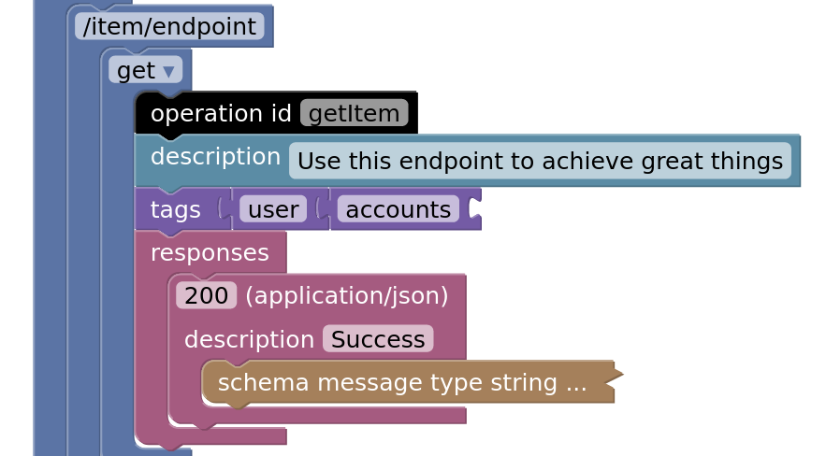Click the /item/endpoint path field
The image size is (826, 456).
(x=169, y=26)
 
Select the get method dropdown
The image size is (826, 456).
(x=145, y=70)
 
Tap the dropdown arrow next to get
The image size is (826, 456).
(x=168, y=72)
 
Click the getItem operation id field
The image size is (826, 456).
(x=354, y=113)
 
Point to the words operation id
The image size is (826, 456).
(x=221, y=113)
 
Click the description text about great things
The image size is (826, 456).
(x=540, y=161)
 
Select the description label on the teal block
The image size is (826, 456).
(x=215, y=156)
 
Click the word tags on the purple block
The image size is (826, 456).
(x=176, y=209)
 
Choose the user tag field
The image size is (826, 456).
(x=273, y=209)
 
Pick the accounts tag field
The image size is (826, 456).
(x=399, y=209)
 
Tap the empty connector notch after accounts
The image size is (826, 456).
(x=474, y=208)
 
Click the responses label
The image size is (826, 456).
(x=210, y=253)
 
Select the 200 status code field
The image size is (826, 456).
(x=206, y=295)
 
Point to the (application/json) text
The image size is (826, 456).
(x=347, y=295)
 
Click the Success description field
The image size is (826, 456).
(x=378, y=339)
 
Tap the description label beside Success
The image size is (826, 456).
(x=249, y=339)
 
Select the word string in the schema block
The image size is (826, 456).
(x=524, y=383)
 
